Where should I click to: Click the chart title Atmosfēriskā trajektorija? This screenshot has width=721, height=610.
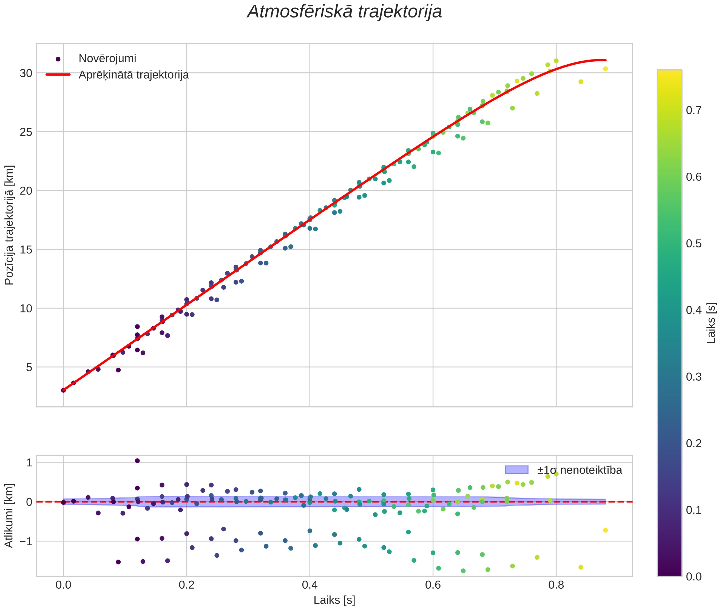344,12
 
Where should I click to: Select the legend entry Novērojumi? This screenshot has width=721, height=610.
107,58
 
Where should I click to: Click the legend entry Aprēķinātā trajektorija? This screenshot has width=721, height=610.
134,75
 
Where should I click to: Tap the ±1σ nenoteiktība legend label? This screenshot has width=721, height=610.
580,470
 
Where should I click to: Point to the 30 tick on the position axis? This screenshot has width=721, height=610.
26,73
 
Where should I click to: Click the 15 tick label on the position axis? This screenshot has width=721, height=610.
26,249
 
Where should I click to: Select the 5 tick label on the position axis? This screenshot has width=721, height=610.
29,367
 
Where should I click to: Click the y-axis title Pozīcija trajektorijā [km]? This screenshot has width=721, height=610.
9,225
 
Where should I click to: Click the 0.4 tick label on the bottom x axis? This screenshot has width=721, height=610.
310,585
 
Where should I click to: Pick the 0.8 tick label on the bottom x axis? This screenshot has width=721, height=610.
556,585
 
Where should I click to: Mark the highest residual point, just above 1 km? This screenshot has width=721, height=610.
137,461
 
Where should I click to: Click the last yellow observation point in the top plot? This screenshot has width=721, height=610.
605,69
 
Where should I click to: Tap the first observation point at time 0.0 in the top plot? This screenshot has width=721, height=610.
63,390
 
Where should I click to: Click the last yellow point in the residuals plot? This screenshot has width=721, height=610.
605,530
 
